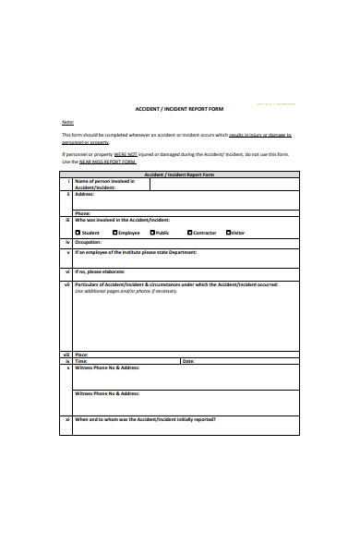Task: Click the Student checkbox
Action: [78, 233]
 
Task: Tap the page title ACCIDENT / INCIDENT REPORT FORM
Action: [179, 109]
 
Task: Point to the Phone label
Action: [83, 213]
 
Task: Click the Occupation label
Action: [90, 243]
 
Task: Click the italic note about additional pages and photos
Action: [126, 291]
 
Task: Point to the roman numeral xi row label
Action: [66, 420]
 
